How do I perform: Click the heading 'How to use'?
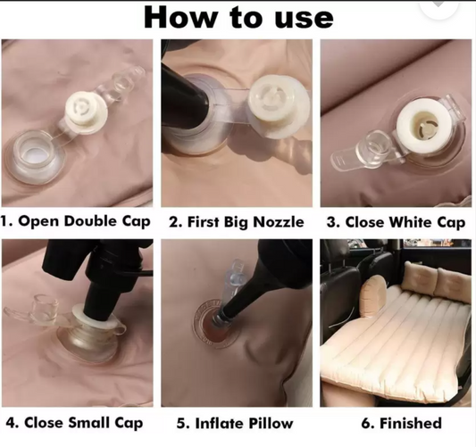click(x=238, y=18)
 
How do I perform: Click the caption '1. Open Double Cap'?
click(x=75, y=221)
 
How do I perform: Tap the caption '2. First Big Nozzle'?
click(x=237, y=222)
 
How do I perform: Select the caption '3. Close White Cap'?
click(x=396, y=222)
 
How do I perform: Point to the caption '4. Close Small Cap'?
click(x=74, y=423)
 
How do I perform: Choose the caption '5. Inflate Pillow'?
click(x=235, y=423)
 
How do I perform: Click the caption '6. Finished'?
click(x=401, y=423)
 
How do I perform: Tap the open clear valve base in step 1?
click(x=36, y=157)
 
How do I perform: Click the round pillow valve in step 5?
click(x=216, y=322)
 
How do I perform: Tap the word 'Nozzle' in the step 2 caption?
click(x=279, y=222)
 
